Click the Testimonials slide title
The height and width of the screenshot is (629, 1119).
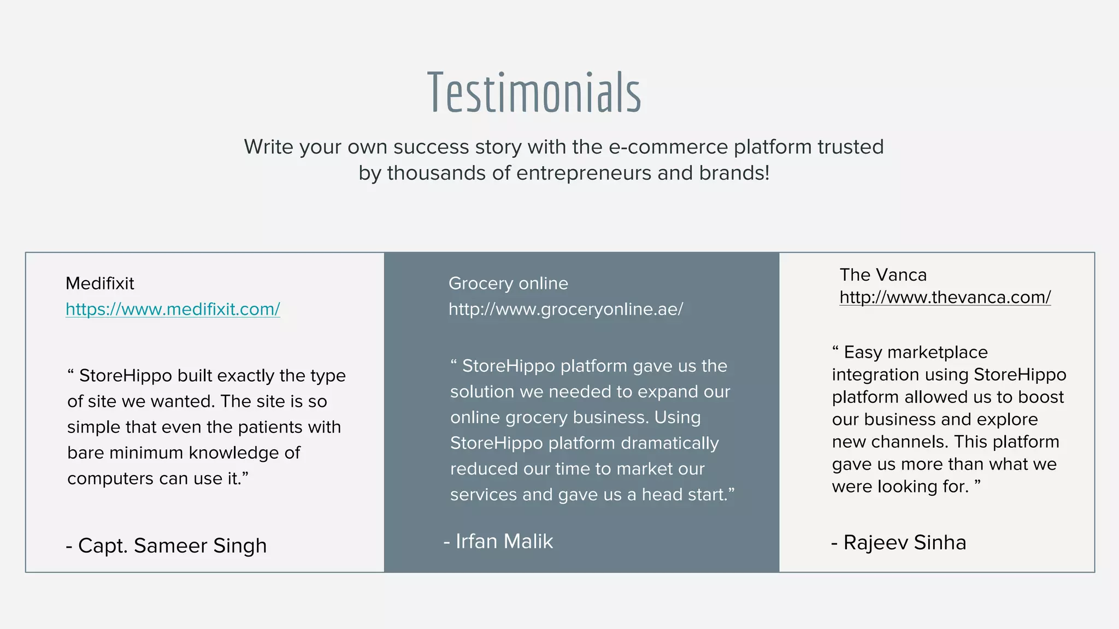(x=534, y=93)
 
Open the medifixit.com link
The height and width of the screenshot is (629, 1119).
(x=173, y=309)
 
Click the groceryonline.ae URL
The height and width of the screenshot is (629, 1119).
(x=566, y=309)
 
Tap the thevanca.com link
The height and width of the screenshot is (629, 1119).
(x=945, y=297)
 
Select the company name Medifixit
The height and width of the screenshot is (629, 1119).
(x=99, y=283)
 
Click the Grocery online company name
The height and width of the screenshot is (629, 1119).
(x=508, y=283)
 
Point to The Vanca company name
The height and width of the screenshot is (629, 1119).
(x=883, y=275)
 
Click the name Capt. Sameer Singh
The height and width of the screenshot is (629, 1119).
(x=166, y=545)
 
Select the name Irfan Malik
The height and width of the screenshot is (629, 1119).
(x=498, y=541)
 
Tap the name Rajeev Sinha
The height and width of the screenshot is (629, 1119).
(x=899, y=542)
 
